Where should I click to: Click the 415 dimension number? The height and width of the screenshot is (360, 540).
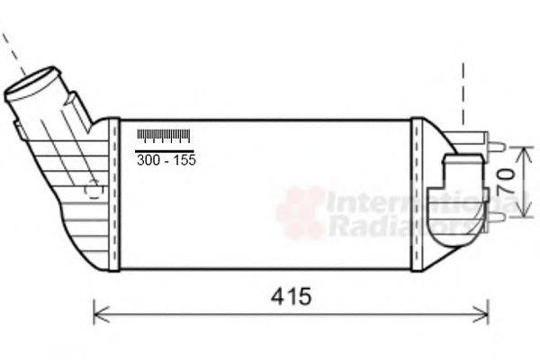pyautogui.click(x=292, y=297)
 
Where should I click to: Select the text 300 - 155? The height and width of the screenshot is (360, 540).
pyautogui.click(x=165, y=159)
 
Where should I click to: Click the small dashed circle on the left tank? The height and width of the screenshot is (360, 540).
pyautogui.click(x=91, y=190)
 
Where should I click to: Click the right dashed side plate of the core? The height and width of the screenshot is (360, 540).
pyautogui.click(x=416, y=193)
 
